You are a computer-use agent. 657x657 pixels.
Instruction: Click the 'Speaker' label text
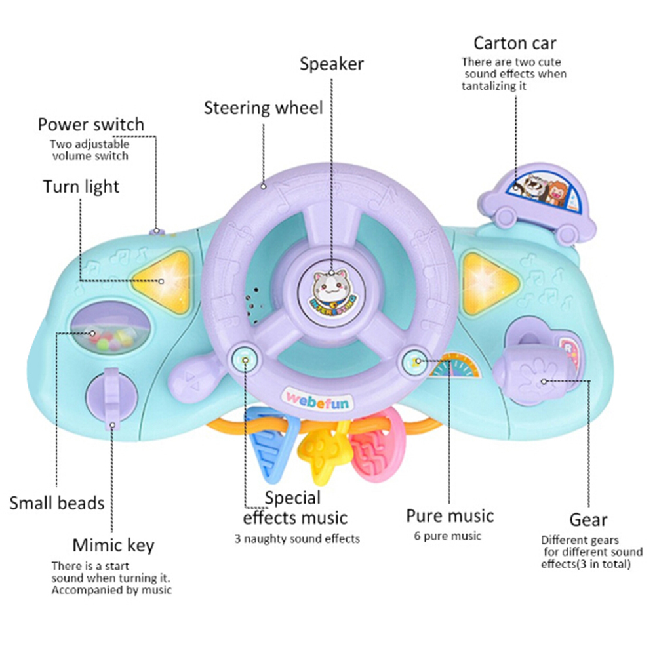(332, 64)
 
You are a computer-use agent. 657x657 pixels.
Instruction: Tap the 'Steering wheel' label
(263, 108)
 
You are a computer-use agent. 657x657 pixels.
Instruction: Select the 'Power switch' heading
(90, 124)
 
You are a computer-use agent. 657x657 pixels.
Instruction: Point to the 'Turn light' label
(81, 186)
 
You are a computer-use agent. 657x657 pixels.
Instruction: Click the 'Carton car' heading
(515, 43)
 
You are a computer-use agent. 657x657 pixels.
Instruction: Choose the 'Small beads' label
(56, 503)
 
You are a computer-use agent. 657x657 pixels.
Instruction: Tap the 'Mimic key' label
(113, 545)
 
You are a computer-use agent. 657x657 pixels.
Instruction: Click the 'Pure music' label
(450, 515)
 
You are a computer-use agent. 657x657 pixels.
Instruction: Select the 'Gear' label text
(588, 520)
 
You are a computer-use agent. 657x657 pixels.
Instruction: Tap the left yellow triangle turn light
(162, 280)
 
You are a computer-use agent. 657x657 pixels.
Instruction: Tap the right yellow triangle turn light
(488, 281)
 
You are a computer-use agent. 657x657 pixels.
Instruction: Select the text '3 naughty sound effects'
(297, 539)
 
